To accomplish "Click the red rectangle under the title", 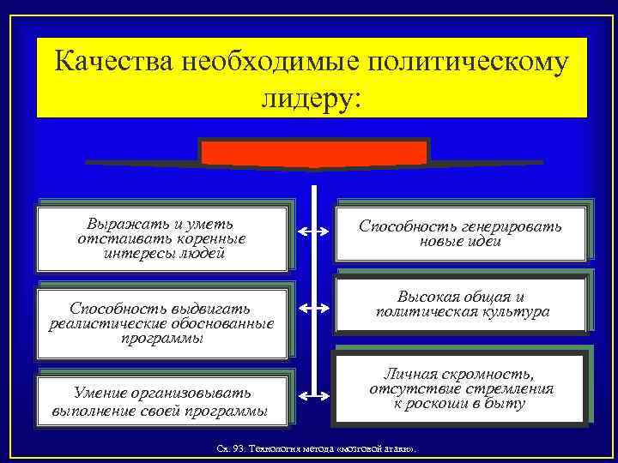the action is point(313,153).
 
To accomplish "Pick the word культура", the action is point(512,311).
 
